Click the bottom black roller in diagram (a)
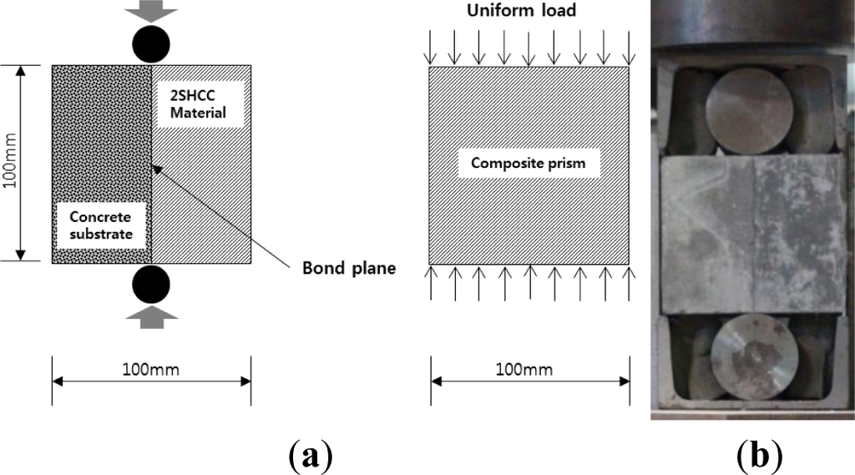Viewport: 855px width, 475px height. pyautogui.click(x=151, y=284)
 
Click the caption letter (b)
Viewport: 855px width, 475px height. pyautogui.click(x=760, y=455)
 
